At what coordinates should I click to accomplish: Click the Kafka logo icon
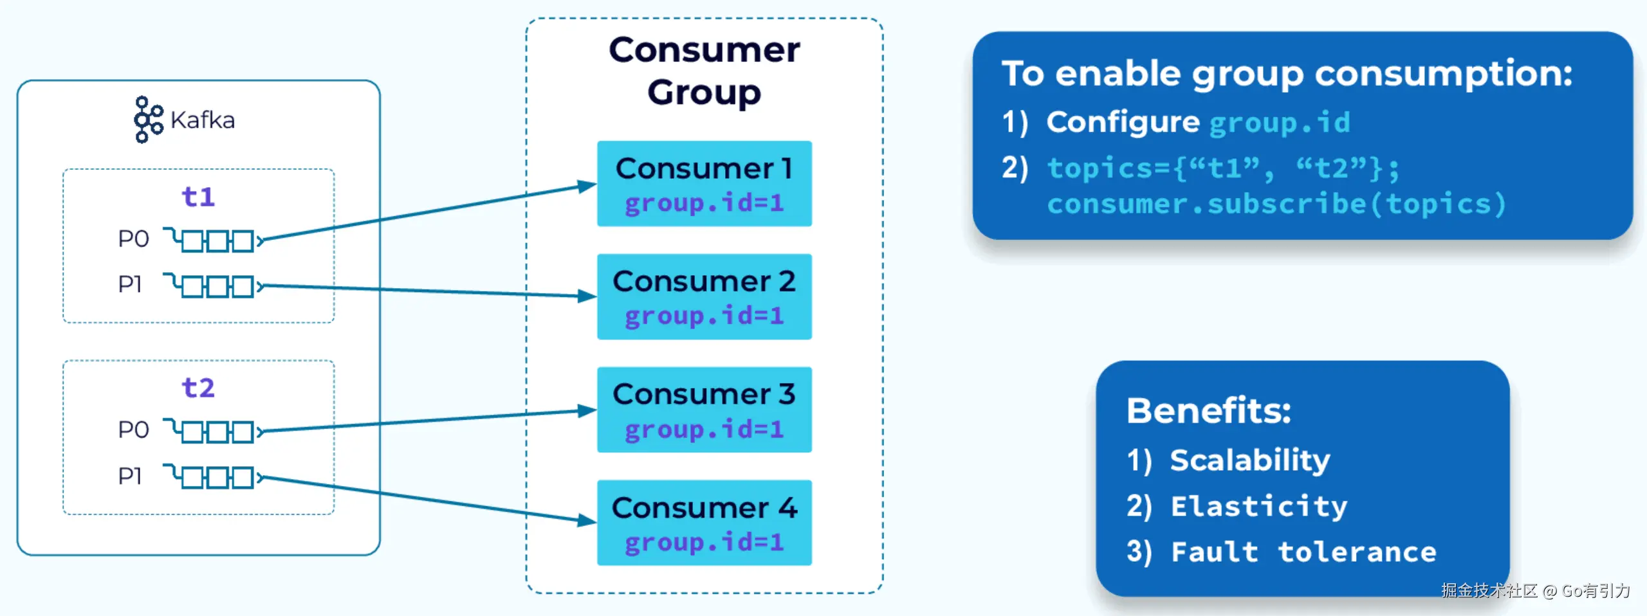click(148, 120)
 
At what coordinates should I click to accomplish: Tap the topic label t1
click(198, 197)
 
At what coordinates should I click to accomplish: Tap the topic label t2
click(198, 388)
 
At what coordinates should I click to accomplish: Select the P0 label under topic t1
click(133, 239)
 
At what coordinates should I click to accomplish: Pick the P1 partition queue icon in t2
click(213, 476)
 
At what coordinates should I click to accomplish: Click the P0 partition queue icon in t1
click(213, 240)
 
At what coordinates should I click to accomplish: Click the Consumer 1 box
click(704, 183)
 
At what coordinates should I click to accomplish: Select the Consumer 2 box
click(704, 296)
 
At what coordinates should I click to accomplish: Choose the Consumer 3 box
click(704, 410)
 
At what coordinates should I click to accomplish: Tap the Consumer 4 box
click(704, 523)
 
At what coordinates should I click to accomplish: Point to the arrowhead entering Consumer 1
click(587, 186)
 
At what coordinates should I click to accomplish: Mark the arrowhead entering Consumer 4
click(587, 520)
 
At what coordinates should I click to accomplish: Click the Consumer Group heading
click(704, 71)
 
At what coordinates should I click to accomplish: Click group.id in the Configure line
click(1279, 122)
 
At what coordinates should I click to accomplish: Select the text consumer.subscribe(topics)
click(1276, 204)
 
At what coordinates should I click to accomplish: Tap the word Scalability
click(1249, 460)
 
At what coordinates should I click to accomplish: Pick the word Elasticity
click(1258, 506)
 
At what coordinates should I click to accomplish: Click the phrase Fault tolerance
click(1303, 552)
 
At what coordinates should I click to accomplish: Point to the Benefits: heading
click(1208, 410)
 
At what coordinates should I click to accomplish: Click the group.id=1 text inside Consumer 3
click(704, 429)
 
